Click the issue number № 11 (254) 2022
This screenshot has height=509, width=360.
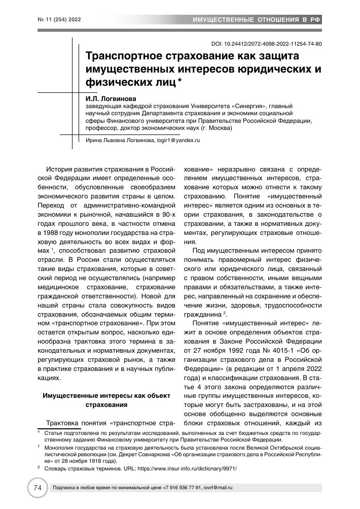click(52, 20)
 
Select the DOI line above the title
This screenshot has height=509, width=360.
click(265, 44)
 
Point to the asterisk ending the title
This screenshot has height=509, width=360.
click(181, 81)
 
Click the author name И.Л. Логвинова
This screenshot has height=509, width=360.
click(111, 94)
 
